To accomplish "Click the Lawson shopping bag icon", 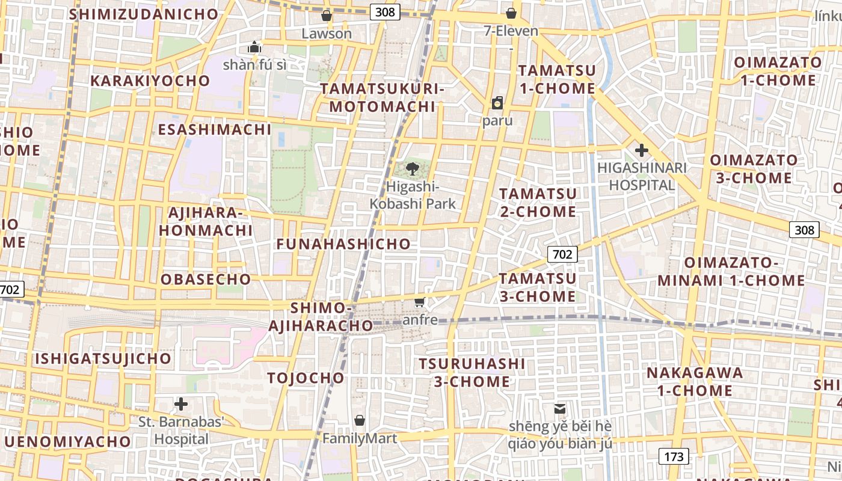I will click(x=327, y=15).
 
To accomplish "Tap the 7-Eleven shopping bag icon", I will click(x=511, y=13).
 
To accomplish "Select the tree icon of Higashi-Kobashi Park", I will click(x=413, y=168).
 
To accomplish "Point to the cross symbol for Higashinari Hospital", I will click(x=642, y=150).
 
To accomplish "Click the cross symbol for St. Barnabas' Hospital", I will click(x=181, y=404).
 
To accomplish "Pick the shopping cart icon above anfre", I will click(x=420, y=302).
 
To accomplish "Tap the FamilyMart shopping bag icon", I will click(x=360, y=420).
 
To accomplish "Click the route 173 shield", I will click(x=674, y=456).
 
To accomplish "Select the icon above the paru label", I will click(x=497, y=103).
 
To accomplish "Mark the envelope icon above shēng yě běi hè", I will click(x=560, y=409).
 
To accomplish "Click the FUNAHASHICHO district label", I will click(x=343, y=244).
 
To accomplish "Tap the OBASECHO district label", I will click(x=206, y=279).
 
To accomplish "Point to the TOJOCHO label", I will click(x=306, y=378).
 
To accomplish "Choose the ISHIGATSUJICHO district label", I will click(x=103, y=359).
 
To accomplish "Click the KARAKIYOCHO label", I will click(x=150, y=81).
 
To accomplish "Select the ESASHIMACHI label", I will click(x=215, y=129).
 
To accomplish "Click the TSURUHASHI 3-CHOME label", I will click(x=472, y=373).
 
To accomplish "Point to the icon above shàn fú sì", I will click(x=254, y=47).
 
